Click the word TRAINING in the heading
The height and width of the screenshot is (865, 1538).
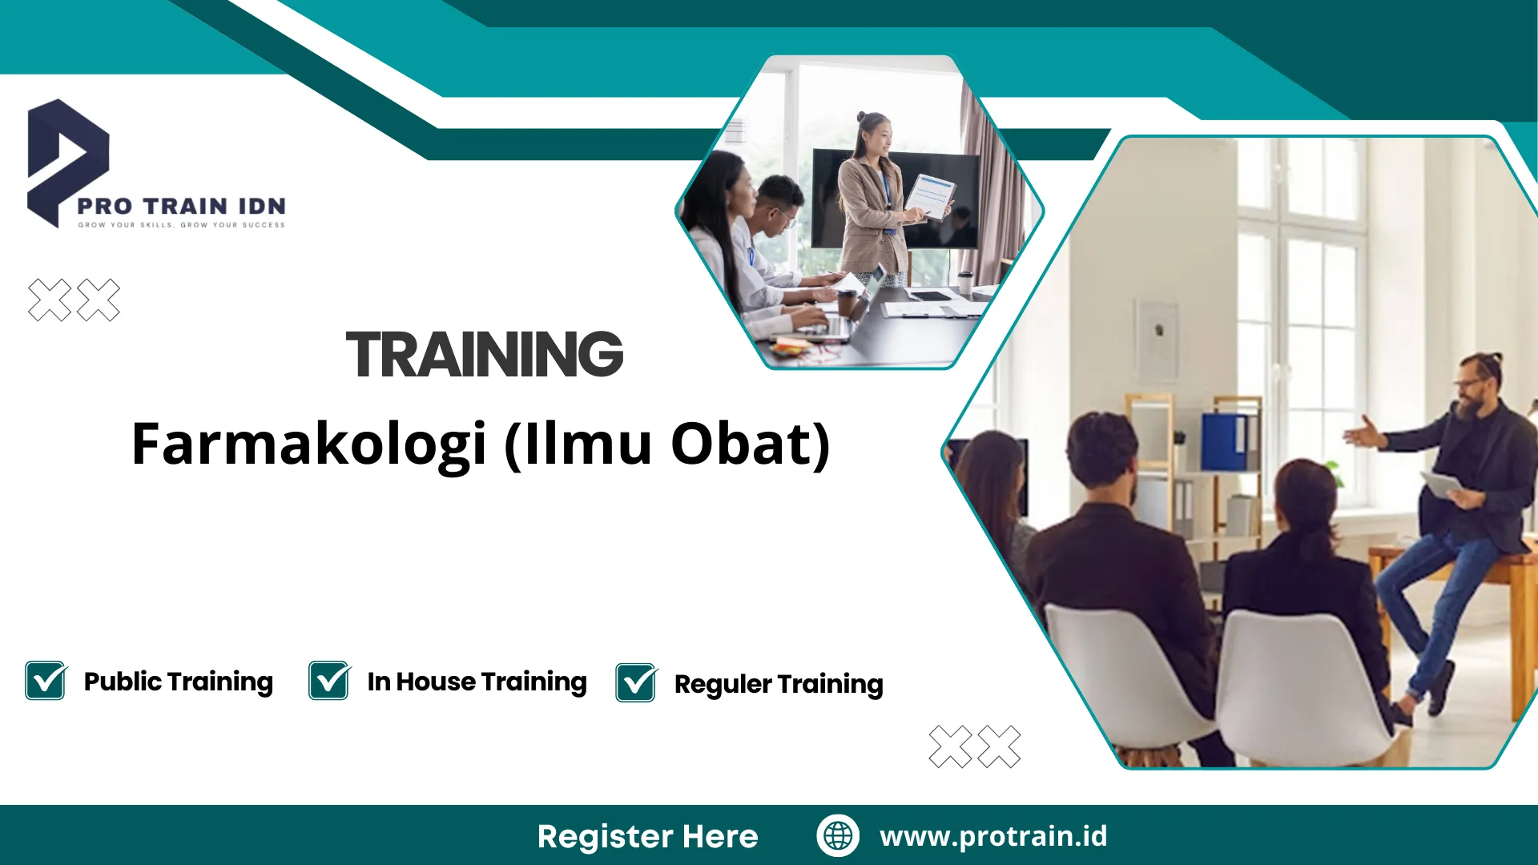(x=484, y=355)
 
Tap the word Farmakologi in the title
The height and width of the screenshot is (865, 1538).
(x=308, y=445)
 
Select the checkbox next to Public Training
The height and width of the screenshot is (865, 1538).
(x=46, y=681)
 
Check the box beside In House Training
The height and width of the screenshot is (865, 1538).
(x=329, y=681)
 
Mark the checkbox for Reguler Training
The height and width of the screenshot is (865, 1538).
(x=636, y=683)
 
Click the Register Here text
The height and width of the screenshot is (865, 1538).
(x=647, y=836)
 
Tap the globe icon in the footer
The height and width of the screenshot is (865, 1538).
(x=838, y=835)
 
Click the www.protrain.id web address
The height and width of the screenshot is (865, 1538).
(x=993, y=836)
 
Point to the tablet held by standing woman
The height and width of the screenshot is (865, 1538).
(x=930, y=196)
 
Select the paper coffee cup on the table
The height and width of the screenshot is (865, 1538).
(x=965, y=282)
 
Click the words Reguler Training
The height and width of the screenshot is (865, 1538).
(x=779, y=684)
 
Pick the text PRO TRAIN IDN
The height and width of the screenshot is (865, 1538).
(x=182, y=207)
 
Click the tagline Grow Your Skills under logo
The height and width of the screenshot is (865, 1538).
(x=182, y=225)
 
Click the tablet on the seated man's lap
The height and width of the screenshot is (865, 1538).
(x=1442, y=484)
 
